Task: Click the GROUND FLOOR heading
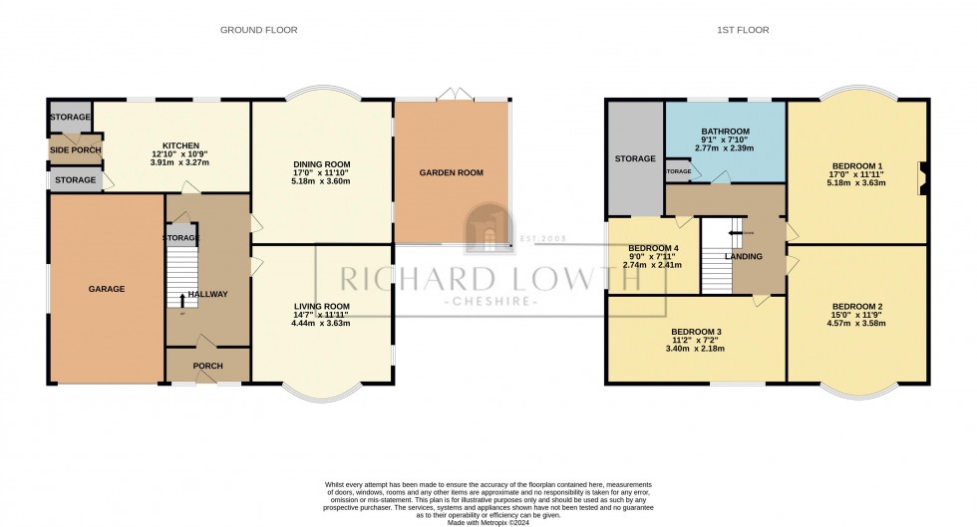258,30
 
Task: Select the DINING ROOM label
321,163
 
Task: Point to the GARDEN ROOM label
451,172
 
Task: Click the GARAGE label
107,289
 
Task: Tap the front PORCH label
207,366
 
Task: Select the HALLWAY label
208,294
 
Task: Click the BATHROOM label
725,132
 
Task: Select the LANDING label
744,257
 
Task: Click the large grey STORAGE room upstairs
635,158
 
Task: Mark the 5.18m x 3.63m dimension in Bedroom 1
856,183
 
